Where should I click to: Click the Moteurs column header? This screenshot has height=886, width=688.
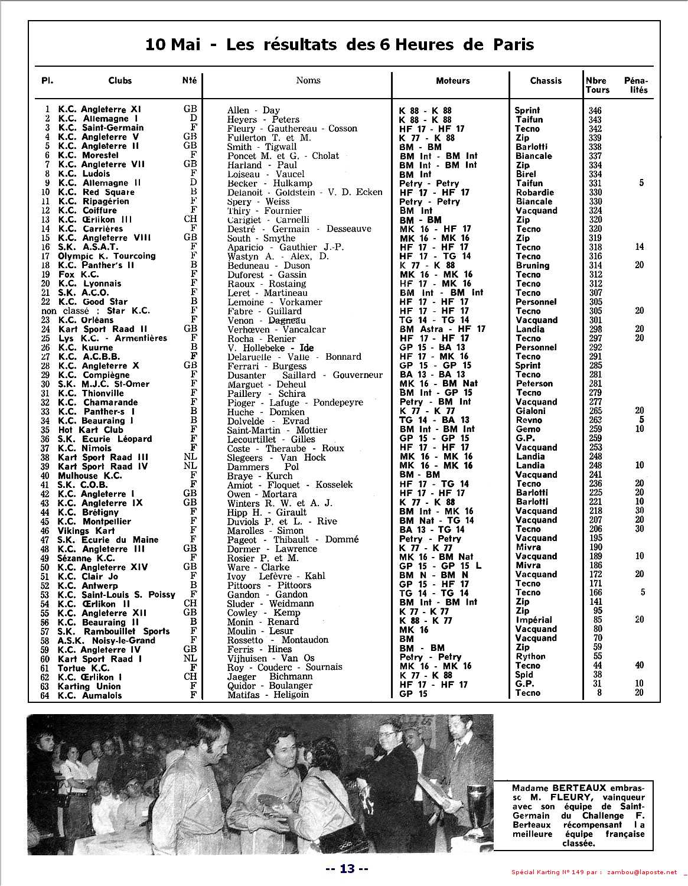click(453, 80)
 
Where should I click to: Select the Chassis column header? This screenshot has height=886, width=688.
click(546, 80)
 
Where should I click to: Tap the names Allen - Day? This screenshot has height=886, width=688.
click(253, 110)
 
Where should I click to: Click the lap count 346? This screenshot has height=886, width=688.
click(595, 110)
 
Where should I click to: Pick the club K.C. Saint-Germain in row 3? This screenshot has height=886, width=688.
click(100, 128)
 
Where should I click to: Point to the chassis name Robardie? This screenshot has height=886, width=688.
click(534, 192)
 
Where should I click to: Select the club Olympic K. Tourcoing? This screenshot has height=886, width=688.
click(106, 256)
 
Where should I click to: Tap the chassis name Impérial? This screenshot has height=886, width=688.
click(533, 620)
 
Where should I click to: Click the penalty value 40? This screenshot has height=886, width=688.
click(640, 665)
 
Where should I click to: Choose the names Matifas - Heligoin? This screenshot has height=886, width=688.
click(268, 695)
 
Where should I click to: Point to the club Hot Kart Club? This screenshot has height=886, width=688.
click(90, 429)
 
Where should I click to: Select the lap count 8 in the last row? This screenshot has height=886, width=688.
click(599, 693)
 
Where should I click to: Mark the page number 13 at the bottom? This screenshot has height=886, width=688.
click(347, 868)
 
